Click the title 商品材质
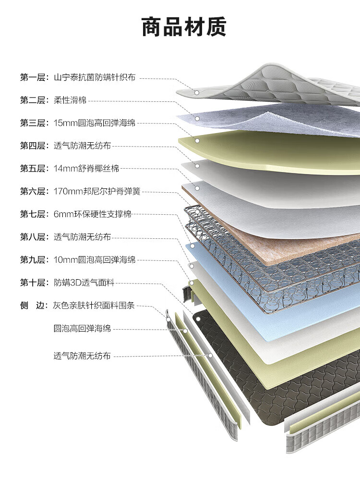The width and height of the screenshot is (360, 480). [x=184, y=27]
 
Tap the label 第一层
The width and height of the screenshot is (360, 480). [x=33, y=77]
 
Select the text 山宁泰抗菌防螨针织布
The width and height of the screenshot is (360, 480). [x=95, y=77]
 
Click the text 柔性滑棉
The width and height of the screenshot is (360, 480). [x=70, y=100]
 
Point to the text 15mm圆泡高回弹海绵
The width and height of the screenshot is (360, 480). [x=95, y=123]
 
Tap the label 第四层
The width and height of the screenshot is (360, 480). [x=33, y=146]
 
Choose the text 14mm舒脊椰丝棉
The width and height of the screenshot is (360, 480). [x=86, y=169]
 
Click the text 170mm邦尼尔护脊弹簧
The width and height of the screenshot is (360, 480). [x=97, y=191]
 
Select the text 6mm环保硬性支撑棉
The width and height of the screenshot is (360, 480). [x=92, y=214]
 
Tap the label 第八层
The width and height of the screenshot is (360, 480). [x=33, y=237]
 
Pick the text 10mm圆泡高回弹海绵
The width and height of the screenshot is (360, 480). [x=95, y=260]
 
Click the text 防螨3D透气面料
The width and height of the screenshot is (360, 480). [x=84, y=283]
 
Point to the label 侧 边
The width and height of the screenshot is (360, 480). [x=33, y=306]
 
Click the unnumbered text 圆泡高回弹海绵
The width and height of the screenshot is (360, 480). [x=82, y=329]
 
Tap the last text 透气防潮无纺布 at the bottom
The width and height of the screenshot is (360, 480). [x=82, y=356]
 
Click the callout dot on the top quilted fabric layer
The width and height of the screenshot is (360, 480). [x=196, y=92]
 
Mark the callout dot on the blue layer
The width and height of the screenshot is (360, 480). [x=192, y=246]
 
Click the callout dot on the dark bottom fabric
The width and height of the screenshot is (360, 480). [x=197, y=319]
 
